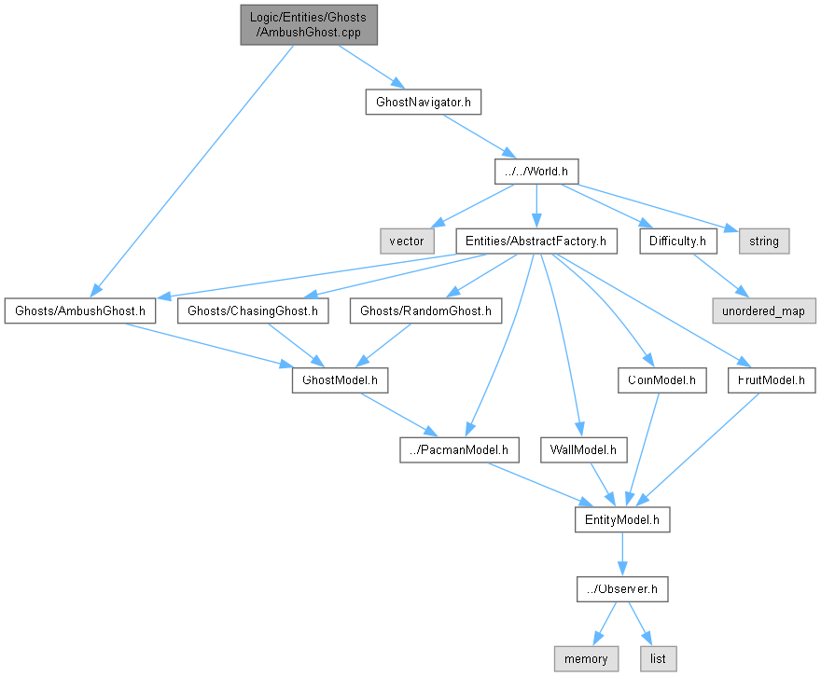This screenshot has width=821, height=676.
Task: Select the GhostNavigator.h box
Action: coord(423,102)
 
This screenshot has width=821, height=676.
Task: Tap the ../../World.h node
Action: coord(536,171)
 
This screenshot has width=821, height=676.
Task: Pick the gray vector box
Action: coord(406,241)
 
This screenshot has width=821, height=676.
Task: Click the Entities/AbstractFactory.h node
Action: coord(536,241)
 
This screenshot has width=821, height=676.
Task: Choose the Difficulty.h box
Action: coord(678,241)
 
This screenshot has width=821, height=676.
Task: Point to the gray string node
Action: coord(764,241)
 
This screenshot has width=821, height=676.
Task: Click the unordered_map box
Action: coord(764,310)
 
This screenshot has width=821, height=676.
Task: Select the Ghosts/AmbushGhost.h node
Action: coord(79,310)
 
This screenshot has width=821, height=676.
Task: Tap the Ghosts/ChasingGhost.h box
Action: coord(253,310)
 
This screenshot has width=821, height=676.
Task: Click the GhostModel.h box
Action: coord(340,380)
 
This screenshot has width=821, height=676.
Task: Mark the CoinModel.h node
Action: coord(661,380)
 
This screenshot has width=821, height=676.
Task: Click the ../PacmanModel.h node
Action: coord(459,450)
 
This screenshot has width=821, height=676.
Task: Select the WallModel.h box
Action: coord(583,450)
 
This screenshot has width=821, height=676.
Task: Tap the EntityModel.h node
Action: coord(622,519)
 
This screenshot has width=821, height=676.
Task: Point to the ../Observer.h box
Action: coord(622,589)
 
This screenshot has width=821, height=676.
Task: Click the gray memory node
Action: coord(586,658)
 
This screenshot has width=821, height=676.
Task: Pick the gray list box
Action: coord(658,658)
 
